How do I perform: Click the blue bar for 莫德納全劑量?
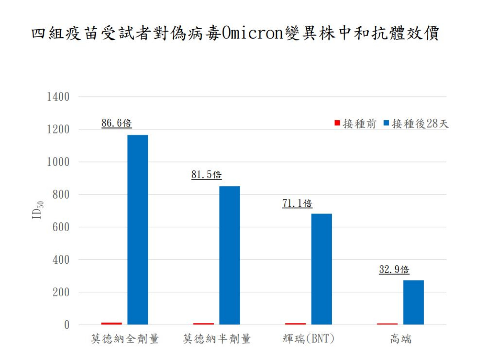point(138,230)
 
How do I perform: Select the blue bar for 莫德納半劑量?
point(229,255)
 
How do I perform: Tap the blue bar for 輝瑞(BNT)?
point(322,269)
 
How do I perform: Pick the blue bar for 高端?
point(413,302)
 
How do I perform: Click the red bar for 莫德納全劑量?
point(112,323)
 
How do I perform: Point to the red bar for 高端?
point(387,324)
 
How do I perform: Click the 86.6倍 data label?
point(117,123)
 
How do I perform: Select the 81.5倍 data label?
point(207,175)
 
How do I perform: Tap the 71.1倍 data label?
point(297,203)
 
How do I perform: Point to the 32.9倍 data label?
point(394,270)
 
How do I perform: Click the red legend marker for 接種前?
point(337,123)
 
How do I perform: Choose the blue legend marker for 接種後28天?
point(386,123)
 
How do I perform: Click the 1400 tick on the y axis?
point(58,97)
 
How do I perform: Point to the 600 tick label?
point(61,227)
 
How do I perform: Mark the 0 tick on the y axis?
point(67,325)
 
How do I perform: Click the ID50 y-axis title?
point(37,210)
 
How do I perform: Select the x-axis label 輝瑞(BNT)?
point(308,339)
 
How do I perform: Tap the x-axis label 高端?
point(401,339)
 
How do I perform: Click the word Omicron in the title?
point(253,33)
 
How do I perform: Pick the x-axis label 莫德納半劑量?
point(217,339)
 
